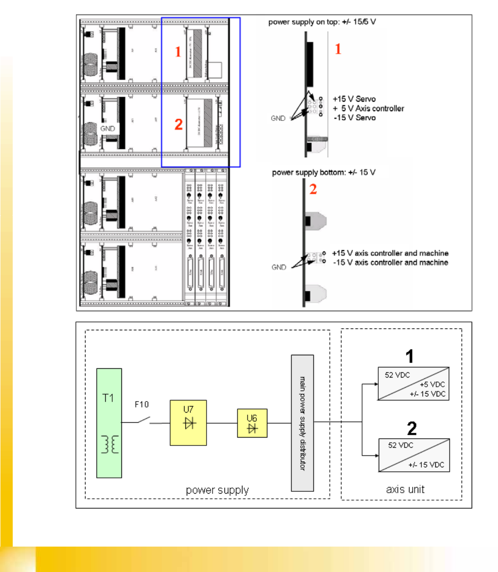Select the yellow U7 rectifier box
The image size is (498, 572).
coord(188,423)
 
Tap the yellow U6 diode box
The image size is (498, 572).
coord(252,424)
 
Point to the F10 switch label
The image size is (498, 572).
coord(142,404)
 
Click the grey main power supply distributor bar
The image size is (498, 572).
coord(302,423)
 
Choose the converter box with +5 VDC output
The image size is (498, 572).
coord(413,384)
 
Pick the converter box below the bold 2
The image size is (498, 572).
coord(414,455)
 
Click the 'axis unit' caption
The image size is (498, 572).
coord(405,489)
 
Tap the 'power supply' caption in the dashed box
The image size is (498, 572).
coord(217,490)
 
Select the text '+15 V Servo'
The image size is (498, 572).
coord(354,99)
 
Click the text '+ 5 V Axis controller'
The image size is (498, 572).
coord(368,108)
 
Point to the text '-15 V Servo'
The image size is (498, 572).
coord(355,117)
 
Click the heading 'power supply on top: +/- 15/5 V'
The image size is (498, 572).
coord(322,22)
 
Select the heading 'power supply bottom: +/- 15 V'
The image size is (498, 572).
coord(324,172)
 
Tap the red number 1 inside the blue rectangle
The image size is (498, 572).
coord(178,52)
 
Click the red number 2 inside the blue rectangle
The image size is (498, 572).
coord(178,124)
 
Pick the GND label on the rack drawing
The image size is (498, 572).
coord(107,128)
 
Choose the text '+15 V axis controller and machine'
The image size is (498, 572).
coord(390,253)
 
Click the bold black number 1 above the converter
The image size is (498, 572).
coord(409,357)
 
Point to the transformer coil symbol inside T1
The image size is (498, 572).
coord(110,444)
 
